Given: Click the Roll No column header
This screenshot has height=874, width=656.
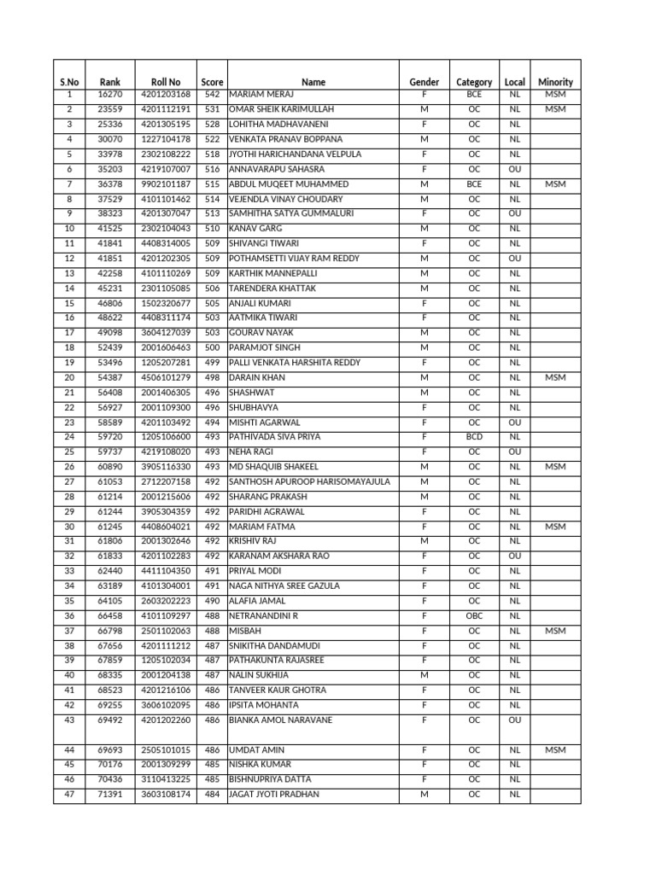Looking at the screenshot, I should [x=166, y=82].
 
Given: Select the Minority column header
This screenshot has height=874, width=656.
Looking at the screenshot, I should [x=555, y=82].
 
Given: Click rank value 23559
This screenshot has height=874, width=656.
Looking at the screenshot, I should [x=110, y=109].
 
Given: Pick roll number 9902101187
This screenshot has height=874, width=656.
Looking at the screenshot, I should [x=166, y=184].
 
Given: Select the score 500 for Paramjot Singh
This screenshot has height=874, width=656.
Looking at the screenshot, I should [x=213, y=347].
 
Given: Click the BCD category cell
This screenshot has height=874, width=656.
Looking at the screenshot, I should [x=474, y=436].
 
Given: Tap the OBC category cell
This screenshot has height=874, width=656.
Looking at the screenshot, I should [x=474, y=615].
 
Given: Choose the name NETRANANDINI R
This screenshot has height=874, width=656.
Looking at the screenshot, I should [x=265, y=615].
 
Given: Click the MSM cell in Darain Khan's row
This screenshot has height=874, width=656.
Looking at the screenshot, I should [x=555, y=377].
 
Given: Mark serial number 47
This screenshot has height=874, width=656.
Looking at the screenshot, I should [x=69, y=794].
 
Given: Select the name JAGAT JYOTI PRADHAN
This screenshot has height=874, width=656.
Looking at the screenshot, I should [x=274, y=794].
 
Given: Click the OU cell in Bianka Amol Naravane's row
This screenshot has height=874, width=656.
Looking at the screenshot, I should [x=514, y=720].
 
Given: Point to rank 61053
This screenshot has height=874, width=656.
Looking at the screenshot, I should [x=110, y=481].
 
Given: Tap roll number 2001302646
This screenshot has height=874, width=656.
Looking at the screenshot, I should [x=166, y=541].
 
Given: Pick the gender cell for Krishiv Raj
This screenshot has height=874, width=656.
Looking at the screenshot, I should [x=425, y=541].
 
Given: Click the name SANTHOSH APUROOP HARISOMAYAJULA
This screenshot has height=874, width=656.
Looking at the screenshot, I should [x=309, y=481].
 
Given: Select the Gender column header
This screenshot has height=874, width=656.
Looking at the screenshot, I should [x=425, y=82].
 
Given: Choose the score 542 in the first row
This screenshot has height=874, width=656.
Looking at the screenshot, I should [x=213, y=95].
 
